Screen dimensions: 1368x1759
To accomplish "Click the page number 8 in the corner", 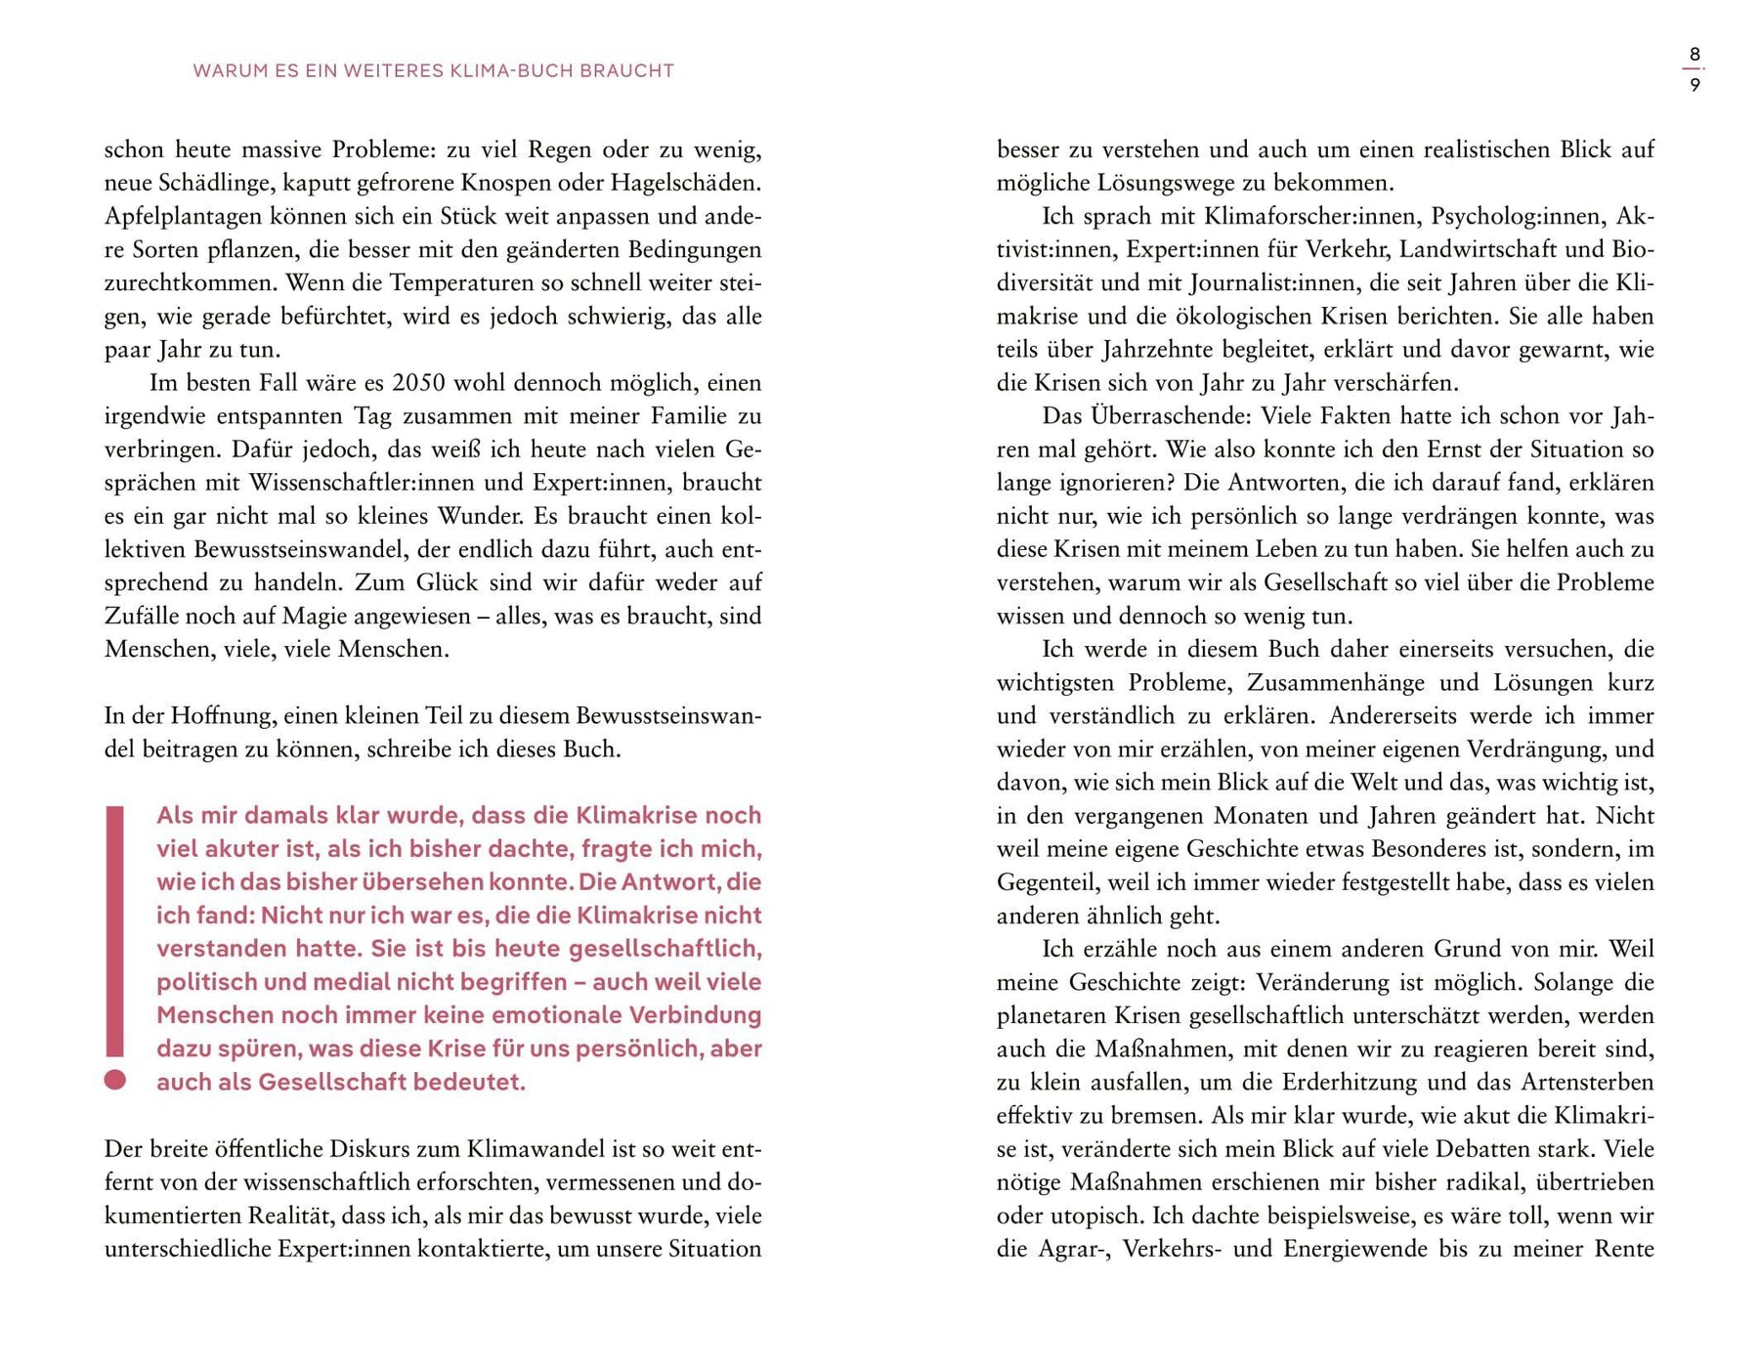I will pos(1695,55).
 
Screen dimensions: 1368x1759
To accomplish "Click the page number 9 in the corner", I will pos(1695,85).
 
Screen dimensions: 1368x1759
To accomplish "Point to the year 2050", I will pos(419,382).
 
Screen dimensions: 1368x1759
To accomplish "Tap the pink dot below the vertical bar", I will pos(115,1080).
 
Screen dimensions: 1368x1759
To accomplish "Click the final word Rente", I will pos(1623,1249).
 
